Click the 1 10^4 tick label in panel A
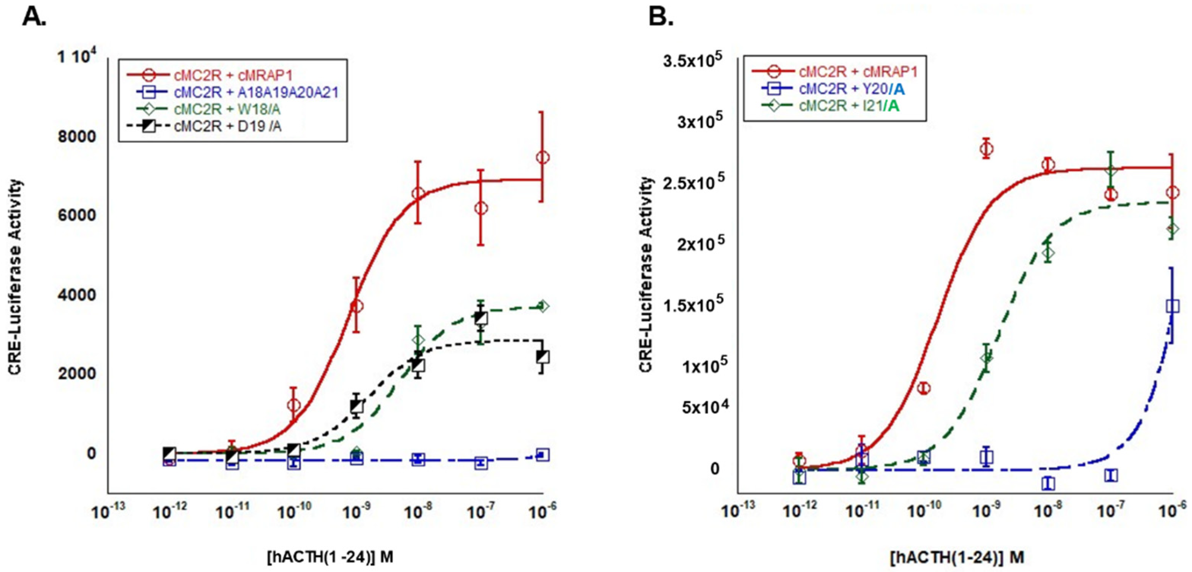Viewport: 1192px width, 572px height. tap(77, 57)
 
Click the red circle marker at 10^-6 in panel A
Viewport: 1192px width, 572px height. tap(543, 158)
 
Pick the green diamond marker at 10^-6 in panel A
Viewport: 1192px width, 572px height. tap(543, 307)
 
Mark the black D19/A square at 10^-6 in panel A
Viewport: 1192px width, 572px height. tap(543, 357)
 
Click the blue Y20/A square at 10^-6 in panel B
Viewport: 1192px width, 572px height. tap(1172, 306)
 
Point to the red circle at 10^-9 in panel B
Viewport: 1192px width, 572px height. tap(986, 149)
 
